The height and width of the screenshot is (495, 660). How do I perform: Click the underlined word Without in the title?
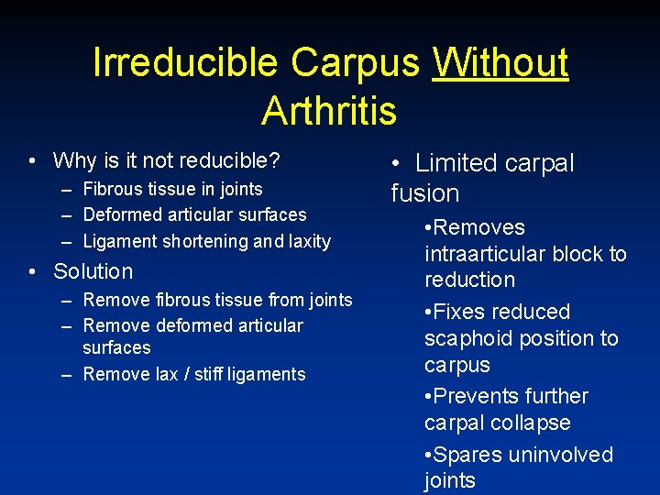pos(500,63)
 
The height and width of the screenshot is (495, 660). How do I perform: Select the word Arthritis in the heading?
pos(329,112)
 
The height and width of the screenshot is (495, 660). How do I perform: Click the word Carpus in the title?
pos(357,63)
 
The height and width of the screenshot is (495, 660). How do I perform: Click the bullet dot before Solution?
pos(32,271)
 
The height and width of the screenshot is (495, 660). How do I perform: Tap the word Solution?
pos(93,271)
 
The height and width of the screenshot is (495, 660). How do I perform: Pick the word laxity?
pos(310,242)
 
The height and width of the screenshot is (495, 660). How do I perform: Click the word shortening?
pos(205,242)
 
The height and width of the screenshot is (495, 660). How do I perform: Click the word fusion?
pos(425,193)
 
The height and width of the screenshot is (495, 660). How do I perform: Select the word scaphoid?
pos(470,338)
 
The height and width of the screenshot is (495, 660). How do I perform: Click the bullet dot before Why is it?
pos(32,161)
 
